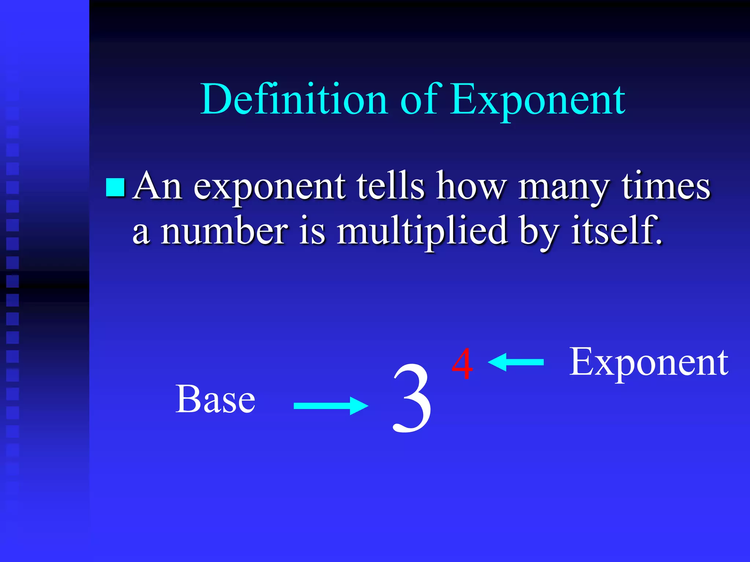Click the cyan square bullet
[115, 187]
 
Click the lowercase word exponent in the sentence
[269, 187]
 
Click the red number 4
[462, 364]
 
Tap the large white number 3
[412, 399]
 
